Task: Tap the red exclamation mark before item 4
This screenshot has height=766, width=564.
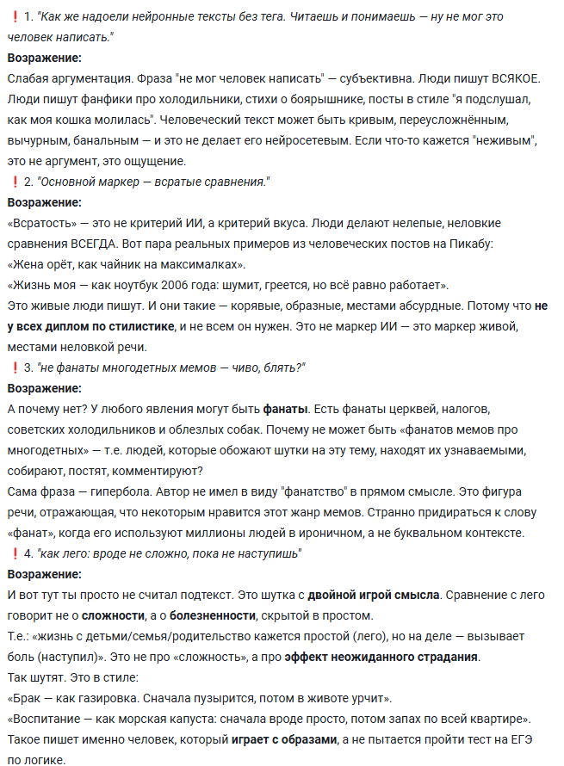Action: click(x=15, y=553)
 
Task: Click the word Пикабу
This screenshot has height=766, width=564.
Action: click(x=470, y=244)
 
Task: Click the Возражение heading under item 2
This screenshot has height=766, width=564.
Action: click(x=45, y=203)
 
